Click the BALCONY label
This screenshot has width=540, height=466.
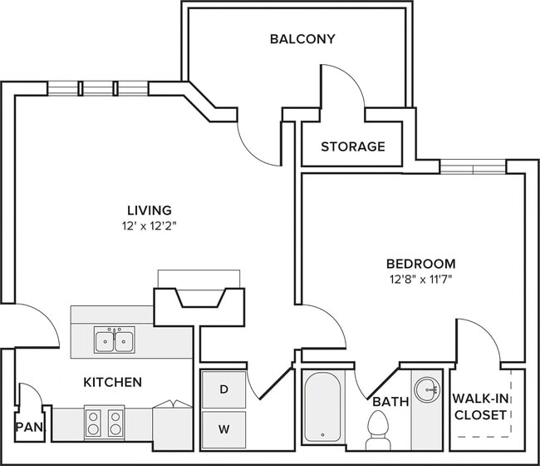point(290,38)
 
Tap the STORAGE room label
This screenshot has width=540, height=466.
point(353,147)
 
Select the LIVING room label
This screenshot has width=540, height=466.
point(150,210)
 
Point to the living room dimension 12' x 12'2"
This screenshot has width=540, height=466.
point(150,226)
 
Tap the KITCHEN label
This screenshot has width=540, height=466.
point(112,383)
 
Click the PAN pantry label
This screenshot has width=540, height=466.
point(29,429)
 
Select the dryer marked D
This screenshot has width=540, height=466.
point(224,389)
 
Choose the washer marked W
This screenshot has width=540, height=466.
point(224,429)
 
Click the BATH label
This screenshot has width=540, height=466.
point(390,402)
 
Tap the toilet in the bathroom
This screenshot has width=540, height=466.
point(378,429)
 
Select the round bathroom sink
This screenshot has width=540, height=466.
point(427,389)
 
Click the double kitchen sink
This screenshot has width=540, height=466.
point(115,340)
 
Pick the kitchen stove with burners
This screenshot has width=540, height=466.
point(104,422)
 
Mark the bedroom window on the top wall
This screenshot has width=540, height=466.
point(473,167)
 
